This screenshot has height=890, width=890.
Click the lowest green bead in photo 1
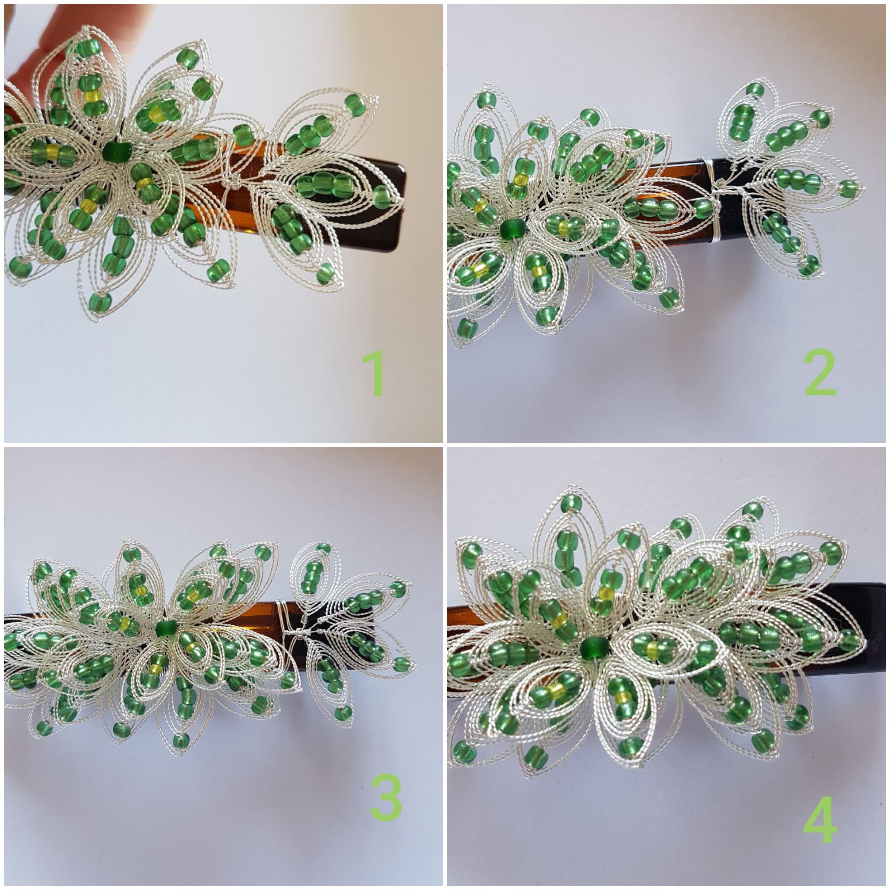pos(100,302)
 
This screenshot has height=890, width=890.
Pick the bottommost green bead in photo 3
pos(181,741)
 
